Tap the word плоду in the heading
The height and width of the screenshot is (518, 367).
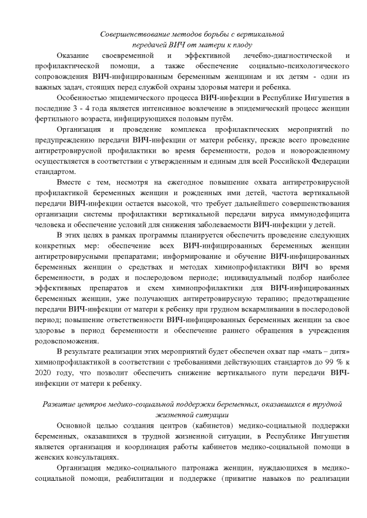(243, 44)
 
